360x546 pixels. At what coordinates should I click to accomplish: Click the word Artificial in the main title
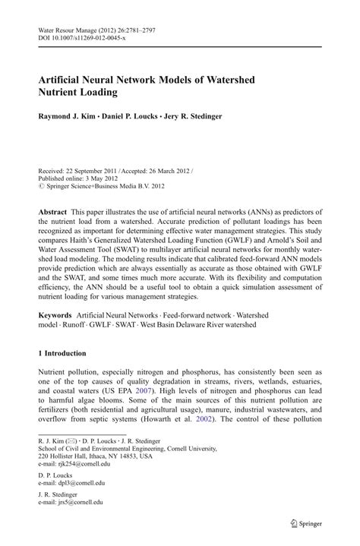click(x=66, y=80)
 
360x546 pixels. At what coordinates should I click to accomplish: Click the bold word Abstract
click(x=53, y=210)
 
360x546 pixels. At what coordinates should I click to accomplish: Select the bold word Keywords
click(x=55, y=292)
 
